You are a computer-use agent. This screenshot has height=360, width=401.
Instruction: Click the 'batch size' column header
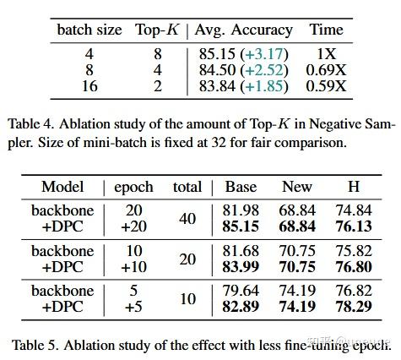pyautogui.click(x=89, y=30)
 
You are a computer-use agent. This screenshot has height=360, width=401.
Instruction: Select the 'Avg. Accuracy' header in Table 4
pyautogui.click(x=243, y=30)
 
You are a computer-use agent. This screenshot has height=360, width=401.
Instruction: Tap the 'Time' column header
pyautogui.click(x=326, y=30)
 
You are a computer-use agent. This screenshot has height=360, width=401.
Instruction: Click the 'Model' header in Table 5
pyautogui.click(x=63, y=187)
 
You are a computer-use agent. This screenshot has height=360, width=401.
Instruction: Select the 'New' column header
pyautogui.click(x=297, y=187)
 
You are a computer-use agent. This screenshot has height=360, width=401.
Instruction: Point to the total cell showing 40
pyautogui.click(x=187, y=219)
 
